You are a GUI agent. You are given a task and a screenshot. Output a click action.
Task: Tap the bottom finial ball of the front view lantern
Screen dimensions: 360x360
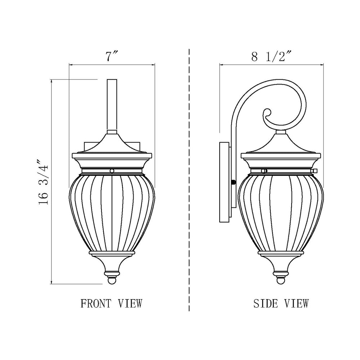[x=112, y=280]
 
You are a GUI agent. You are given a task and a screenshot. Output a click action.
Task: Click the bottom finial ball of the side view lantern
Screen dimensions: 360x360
[x=281, y=280]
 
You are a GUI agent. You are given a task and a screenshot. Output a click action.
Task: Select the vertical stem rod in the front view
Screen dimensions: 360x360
[x=112, y=104]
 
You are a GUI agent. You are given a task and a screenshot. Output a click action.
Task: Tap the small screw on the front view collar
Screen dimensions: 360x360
[x=112, y=171]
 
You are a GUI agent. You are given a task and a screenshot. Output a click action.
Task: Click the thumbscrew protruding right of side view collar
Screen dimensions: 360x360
[x=315, y=170]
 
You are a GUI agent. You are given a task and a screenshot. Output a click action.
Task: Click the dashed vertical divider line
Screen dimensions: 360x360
[x=189, y=180]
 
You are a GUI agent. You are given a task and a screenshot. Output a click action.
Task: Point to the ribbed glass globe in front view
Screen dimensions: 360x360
[x=112, y=212]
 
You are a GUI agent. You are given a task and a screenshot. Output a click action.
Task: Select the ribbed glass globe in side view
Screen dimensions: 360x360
[x=281, y=212]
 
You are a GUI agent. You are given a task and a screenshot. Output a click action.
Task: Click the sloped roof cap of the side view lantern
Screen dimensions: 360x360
[x=281, y=144]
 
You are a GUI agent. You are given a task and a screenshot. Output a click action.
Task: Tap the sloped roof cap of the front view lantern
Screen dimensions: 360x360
[x=112, y=144]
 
